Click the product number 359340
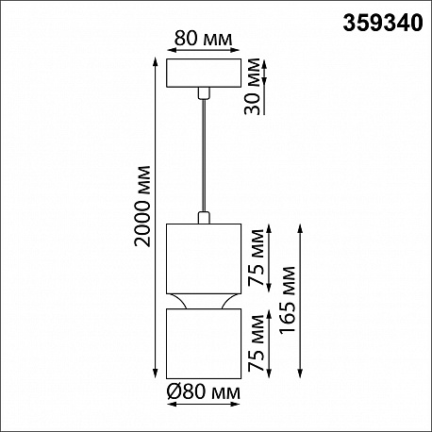[383, 24]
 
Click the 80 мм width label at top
[203, 39]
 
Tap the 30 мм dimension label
[253, 87]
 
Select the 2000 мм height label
[142, 206]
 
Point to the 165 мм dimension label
[288, 299]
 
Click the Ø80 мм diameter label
[204, 392]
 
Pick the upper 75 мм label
[256, 258]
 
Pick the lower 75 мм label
[256, 342]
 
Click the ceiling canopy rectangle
[204, 73]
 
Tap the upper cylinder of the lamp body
[204, 258]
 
